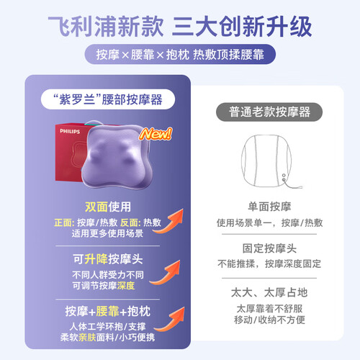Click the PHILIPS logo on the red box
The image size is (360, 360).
tap(70, 131)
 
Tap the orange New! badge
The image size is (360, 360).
tap(156, 134)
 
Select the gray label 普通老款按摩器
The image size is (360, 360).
tap(269, 112)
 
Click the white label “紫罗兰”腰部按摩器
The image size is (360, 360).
tap(108, 99)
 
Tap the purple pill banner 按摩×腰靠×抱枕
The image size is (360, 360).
tap(180, 54)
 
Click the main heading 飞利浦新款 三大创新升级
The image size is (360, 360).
tap(180, 26)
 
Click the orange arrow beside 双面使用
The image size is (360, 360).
tap(168, 221)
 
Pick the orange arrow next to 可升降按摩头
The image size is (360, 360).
tap(165, 273)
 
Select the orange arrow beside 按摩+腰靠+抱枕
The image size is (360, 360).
tap(169, 320)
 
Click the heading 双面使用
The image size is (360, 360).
tap(108, 207)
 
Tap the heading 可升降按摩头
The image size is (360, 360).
tap(108, 259)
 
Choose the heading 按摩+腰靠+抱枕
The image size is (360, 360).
tap(108, 311)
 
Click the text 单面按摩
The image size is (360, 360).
tap(269, 207)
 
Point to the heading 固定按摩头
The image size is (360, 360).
tap(269, 248)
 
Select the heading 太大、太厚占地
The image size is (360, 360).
tap(269, 292)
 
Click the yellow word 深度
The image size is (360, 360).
tap(126, 286)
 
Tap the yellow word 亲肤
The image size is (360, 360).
tap(87, 338)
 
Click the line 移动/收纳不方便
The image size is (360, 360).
tap(269, 320)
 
